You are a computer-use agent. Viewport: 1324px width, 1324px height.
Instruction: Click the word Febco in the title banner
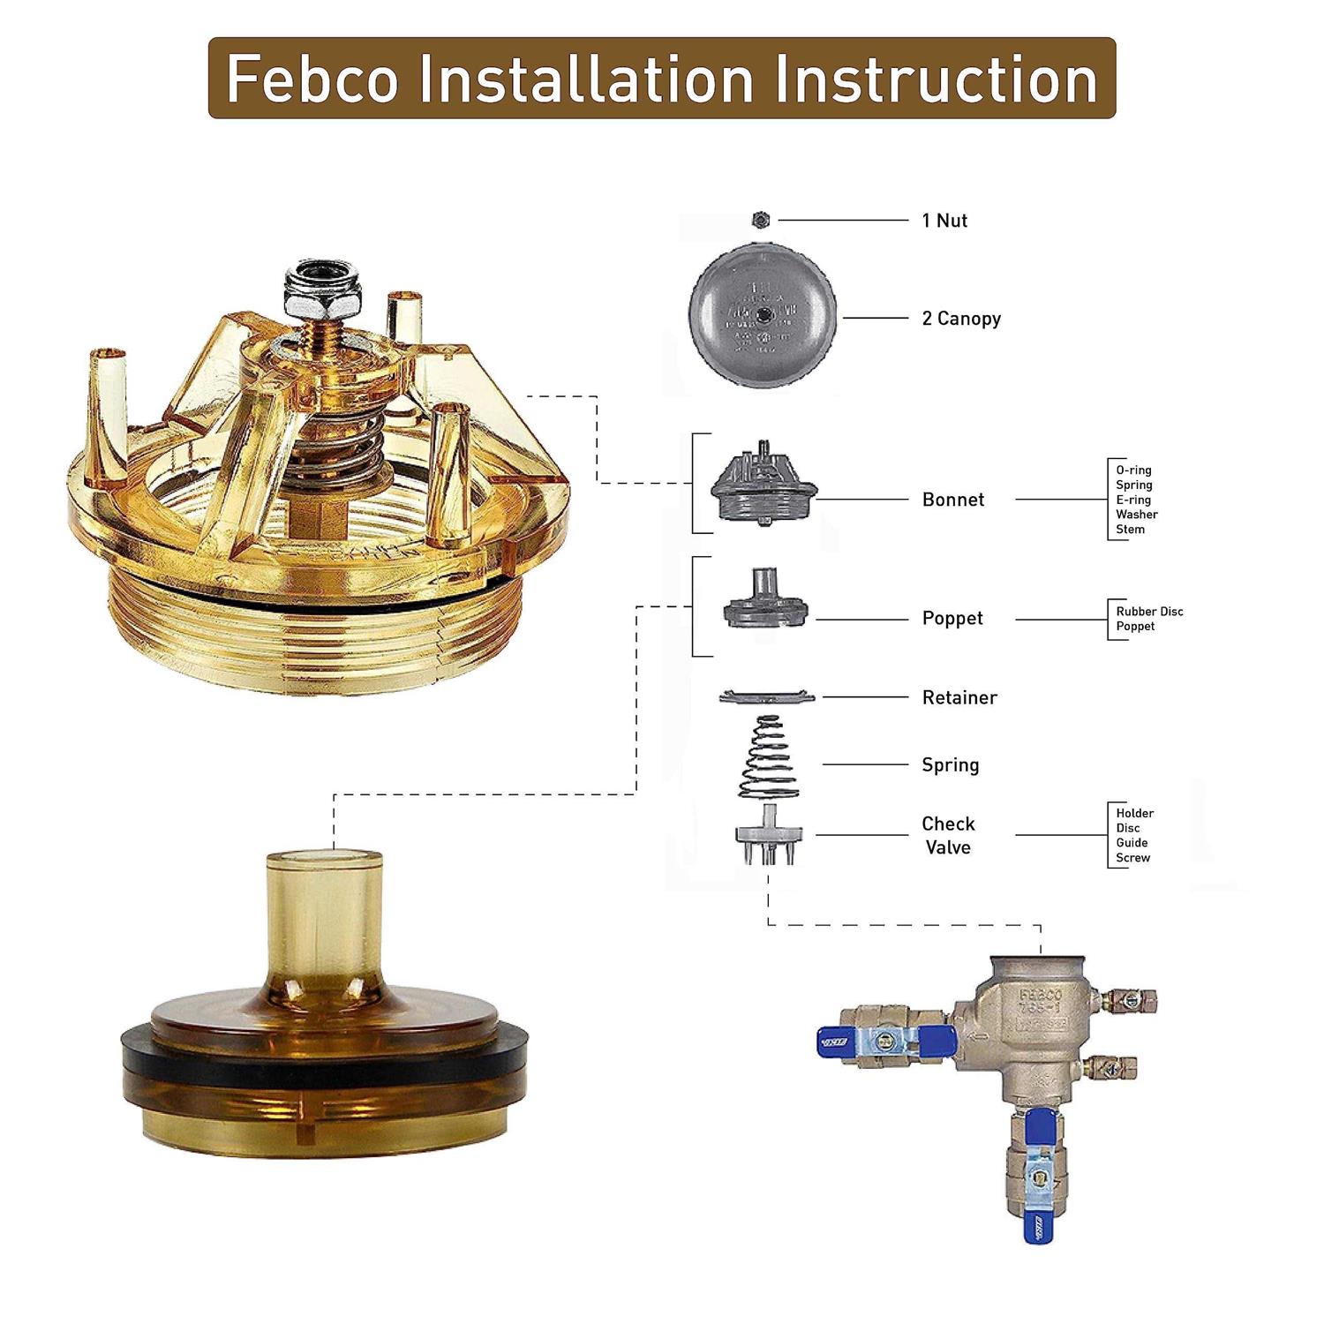point(312,79)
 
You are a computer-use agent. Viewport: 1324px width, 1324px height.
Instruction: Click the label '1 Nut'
point(944,221)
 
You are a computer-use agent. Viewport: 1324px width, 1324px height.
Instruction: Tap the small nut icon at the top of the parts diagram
point(762,220)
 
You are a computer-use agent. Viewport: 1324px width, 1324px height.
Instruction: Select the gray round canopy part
point(762,315)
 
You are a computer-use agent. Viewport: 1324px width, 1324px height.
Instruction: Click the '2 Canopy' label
point(961,319)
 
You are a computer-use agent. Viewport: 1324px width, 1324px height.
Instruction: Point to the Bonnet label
point(952,500)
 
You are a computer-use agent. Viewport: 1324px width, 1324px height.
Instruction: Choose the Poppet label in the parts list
point(952,618)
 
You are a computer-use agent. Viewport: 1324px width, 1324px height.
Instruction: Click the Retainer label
point(959,697)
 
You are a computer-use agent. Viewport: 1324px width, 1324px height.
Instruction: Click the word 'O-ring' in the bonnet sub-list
point(1133,470)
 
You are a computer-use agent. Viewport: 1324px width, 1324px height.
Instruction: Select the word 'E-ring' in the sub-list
point(1132,500)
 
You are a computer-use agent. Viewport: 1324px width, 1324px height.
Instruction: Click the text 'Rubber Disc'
point(1149,612)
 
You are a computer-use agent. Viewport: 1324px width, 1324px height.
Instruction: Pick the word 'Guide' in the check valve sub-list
point(1132,843)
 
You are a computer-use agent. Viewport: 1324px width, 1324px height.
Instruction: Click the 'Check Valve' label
point(948,835)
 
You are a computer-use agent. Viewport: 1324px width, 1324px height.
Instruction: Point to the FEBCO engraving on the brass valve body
point(1041,994)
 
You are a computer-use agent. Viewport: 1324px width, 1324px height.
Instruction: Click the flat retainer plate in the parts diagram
point(767,697)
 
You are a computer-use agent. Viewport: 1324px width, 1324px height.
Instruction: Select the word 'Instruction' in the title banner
point(937,79)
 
